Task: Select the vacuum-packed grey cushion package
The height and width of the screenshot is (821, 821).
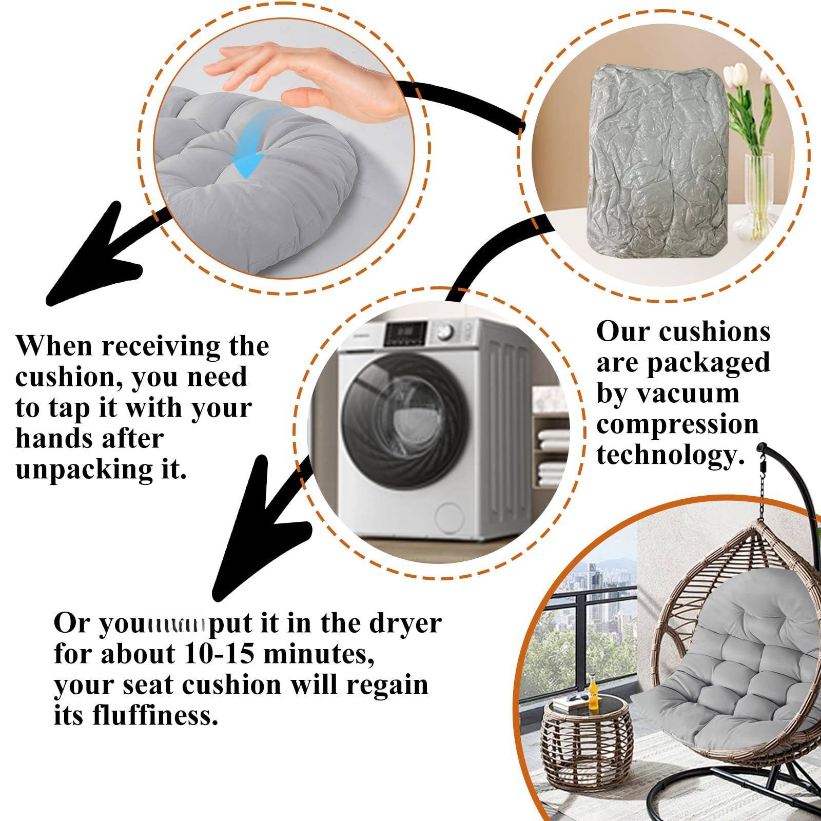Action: point(652,174)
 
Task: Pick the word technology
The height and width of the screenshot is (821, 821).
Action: point(670,455)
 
